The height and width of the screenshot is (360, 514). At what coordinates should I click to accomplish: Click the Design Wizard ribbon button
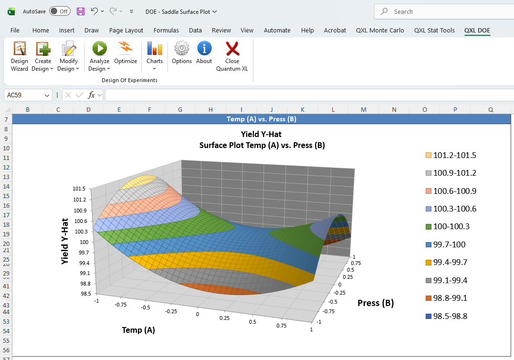click(x=20, y=55)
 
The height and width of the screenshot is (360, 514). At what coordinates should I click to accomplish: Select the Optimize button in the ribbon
click(x=126, y=53)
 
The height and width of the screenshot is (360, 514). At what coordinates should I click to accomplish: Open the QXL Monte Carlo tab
click(x=380, y=30)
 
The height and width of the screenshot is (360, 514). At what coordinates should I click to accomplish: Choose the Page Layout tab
click(x=126, y=30)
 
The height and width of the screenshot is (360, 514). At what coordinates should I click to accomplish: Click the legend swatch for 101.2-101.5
click(x=428, y=155)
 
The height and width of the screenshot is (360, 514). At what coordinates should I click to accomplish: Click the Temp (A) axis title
click(x=138, y=330)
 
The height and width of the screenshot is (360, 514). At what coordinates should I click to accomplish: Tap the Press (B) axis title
click(x=376, y=303)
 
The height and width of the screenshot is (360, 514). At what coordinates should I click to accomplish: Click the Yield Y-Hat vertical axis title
click(x=65, y=242)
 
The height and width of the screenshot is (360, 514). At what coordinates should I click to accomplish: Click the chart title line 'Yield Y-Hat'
click(x=262, y=134)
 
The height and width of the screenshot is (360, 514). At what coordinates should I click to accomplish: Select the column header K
click(x=302, y=110)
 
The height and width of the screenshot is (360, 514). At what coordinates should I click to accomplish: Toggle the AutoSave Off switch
click(x=60, y=11)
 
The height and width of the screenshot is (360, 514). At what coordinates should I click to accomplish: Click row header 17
click(x=6, y=215)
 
